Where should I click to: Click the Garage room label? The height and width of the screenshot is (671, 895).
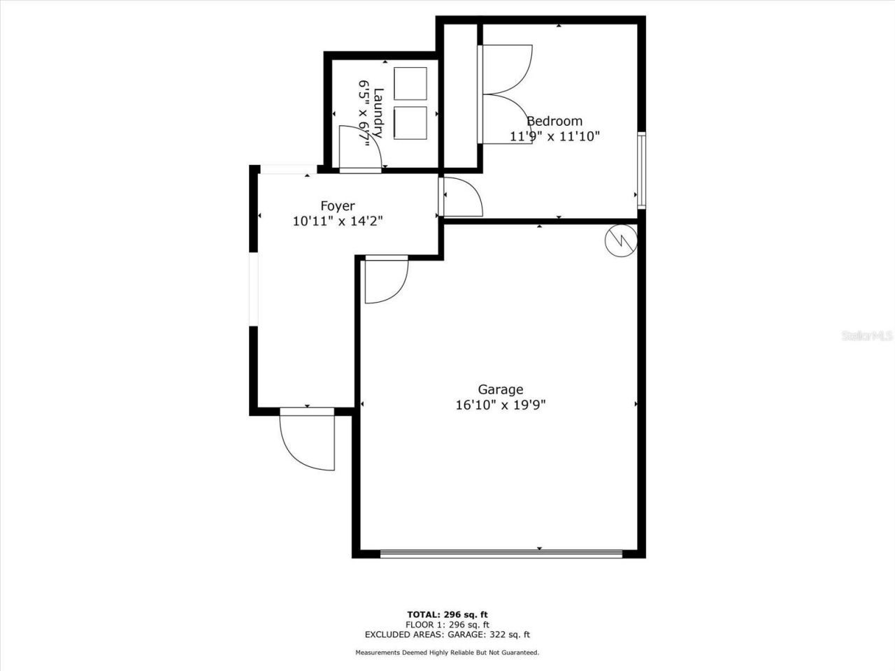coord(500,389)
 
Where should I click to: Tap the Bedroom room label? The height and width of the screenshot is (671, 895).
coord(554,121)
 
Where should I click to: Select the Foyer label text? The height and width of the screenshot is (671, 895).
coord(338,205)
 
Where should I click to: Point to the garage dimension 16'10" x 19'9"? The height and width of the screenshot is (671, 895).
coord(500,405)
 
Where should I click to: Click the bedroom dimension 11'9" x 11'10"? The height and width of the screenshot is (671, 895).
coord(554,136)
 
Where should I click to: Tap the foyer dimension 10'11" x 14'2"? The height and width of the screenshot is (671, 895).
coord(338,221)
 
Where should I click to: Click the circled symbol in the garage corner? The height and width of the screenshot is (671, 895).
coord(621,240)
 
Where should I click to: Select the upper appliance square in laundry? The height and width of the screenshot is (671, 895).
coord(410,84)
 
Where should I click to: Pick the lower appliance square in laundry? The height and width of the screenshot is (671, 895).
coord(410,123)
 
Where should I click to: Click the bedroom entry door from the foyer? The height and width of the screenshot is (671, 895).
coord(461,197)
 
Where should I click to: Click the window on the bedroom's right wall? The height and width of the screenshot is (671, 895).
coord(641,170)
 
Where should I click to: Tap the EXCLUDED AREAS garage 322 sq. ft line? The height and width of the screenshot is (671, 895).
coord(447,635)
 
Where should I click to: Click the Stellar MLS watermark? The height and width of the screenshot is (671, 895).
coord(867,335)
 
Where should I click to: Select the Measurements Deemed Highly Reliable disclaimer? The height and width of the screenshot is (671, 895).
coord(447,653)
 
